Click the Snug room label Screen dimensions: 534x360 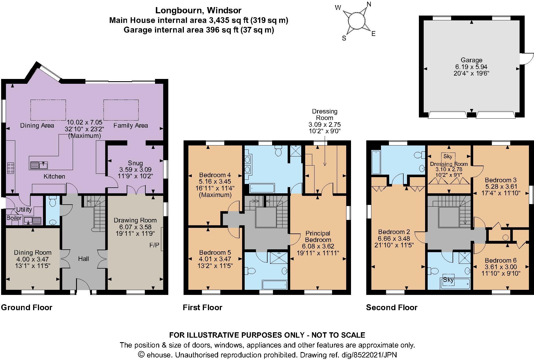coord(135,163)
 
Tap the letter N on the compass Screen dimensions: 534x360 coord(369,4)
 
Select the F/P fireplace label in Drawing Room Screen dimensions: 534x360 coord(154,245)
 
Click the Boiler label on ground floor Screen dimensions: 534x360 coord(14,218)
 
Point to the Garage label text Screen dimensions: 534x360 coord(471,60)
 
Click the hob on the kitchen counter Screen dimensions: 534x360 coord(11,168)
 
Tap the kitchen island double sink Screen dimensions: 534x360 coord(38,165)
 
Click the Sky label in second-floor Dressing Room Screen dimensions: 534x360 coord(448,156)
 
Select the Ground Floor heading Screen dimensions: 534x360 coord(27,308)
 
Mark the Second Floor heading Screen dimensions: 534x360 coord(392,308)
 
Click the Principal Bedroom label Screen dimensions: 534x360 coord(318,237)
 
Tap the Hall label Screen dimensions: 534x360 coord(83,259)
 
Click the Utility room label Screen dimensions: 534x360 coord(24,210)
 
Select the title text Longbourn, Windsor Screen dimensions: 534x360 coord(198,11)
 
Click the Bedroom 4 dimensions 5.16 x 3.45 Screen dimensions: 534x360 coord(215,181)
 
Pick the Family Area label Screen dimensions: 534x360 coord(131,125)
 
